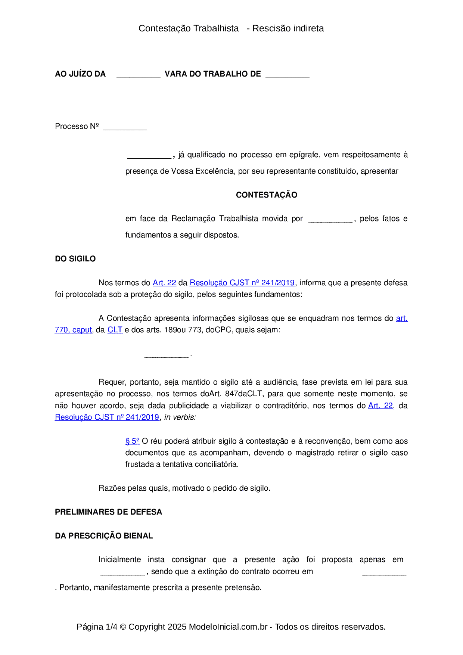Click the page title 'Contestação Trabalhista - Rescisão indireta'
[231, 28]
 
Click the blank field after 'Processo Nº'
[125, 127]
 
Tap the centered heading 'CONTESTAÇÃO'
[267, 195]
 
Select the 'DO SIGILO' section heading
[75, 259]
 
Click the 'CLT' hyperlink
[115, 330]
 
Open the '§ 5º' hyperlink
[132, 441]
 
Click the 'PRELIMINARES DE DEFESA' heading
[108, 512]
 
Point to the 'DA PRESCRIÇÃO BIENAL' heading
[104, 536]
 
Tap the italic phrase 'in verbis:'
[180, 417]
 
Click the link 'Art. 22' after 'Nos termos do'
[164, 283]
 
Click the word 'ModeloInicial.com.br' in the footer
[228, 627]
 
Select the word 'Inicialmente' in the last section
[119, 560]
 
